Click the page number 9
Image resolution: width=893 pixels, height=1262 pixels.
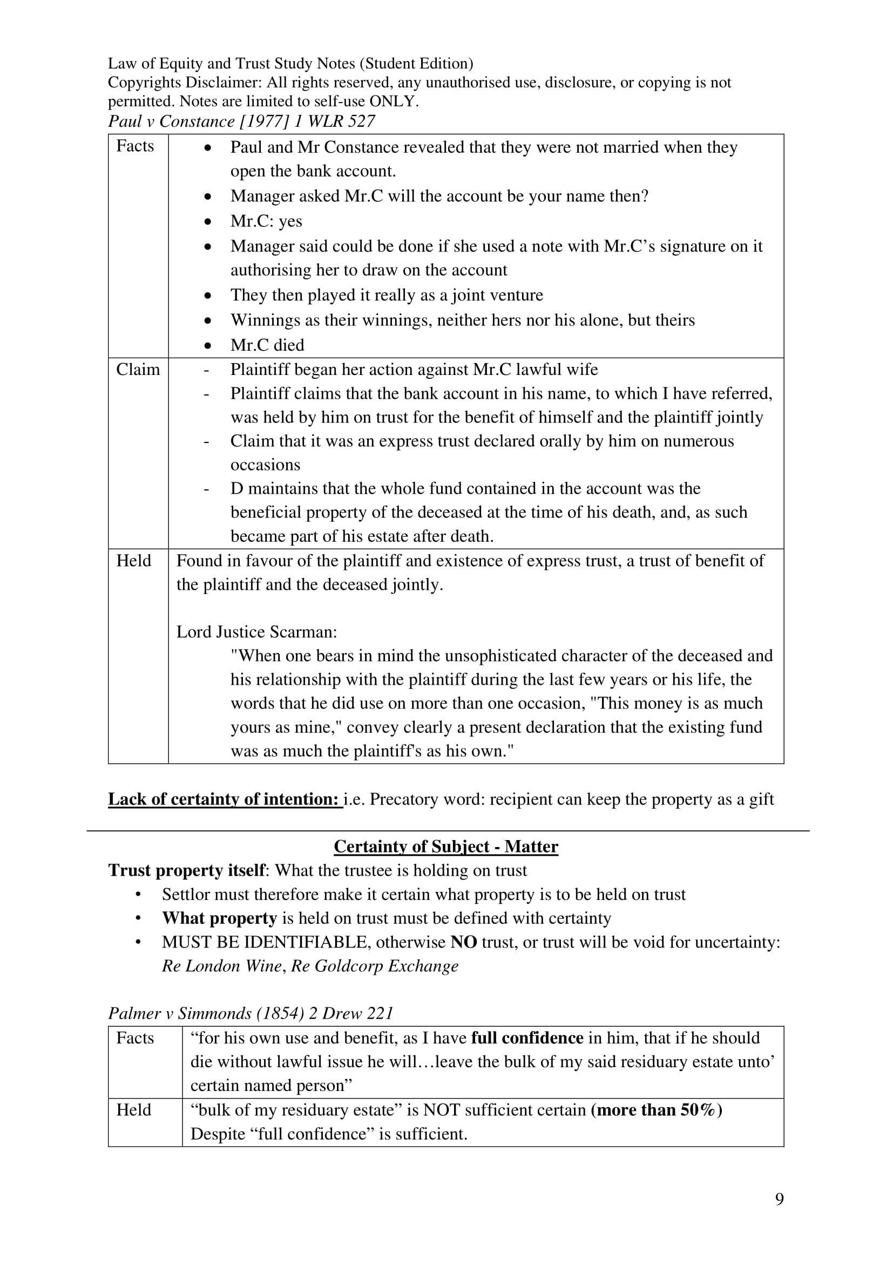point(779,1199)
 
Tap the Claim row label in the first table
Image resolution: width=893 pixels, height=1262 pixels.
point(138,370)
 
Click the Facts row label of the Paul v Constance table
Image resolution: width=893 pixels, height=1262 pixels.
point(135,146)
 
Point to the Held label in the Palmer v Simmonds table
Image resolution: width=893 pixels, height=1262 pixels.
point(133,1110)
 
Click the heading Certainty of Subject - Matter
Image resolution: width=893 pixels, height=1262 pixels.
point(446,847)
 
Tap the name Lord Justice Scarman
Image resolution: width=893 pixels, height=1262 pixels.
point(256,632)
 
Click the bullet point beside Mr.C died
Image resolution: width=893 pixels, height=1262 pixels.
point(207,346)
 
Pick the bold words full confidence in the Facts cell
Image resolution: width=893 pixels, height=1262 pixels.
point(527,1038)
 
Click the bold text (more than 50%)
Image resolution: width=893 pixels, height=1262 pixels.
point(657,1110)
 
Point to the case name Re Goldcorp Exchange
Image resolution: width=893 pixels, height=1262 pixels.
point(375,966)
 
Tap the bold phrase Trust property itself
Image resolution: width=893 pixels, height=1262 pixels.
point(187,871)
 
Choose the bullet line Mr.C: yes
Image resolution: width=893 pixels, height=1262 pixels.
point(266,221)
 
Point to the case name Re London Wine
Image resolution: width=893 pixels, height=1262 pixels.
point(221,966)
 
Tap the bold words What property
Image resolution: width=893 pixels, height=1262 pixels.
point(219,918)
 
